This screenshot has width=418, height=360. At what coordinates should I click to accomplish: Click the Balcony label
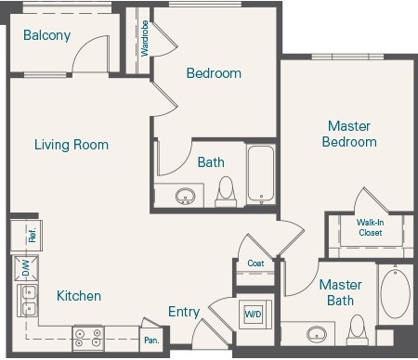click(46, 36)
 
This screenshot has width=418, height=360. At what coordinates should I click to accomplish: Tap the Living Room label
click(72, 145)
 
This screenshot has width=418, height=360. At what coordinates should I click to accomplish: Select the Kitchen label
click(79, 296)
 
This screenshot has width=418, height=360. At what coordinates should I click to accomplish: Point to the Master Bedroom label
click(349, 134)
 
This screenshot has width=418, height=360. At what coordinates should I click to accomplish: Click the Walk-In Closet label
click(370, 227)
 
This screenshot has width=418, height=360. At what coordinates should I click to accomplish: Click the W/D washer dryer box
click(254, 314)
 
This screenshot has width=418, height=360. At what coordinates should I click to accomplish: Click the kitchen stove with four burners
click(88, 338)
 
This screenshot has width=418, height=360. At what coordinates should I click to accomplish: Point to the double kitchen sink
click(27, 301)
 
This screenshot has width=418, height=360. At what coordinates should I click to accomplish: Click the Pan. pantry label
click(151, 341)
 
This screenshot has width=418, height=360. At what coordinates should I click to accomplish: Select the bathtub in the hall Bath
click(260, 174)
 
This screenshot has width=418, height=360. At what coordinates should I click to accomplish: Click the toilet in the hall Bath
click(226, 192)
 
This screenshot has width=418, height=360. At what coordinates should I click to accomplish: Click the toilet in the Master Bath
click(357, 328)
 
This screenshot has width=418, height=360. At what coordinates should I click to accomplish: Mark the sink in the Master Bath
click(317, 333)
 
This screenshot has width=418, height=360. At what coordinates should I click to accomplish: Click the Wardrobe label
click(144, 39)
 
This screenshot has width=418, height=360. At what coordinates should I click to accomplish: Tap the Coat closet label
click(255, 264)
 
